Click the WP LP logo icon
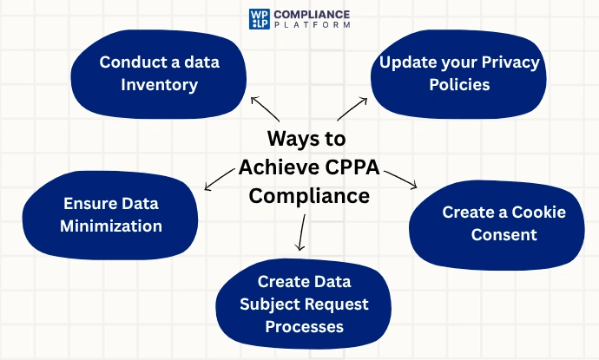(260, 19)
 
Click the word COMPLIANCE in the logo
(312, 15)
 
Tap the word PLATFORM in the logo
(312, 25)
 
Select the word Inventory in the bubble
(160, 85)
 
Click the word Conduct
(131, 62)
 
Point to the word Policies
(459, 84)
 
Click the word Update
(408, 63)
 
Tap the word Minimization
(111, 226)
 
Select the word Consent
(504, 234)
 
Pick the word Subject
(267, 304)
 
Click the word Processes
(305, 327)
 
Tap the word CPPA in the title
(352, 167)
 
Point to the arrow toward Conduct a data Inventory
(265, 108)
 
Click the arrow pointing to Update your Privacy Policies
(352, 109)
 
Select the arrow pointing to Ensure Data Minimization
(220, 179)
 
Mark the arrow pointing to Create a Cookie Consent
(400, 180)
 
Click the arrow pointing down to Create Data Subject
(302, 232)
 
